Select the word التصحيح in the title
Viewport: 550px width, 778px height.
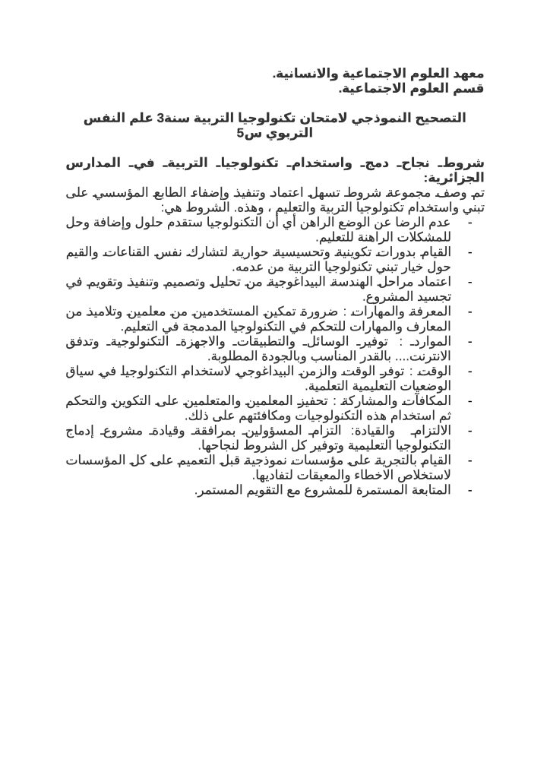pyautogui.click(x=438, y=119)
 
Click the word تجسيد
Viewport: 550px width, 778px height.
pyautogui.click(x=431, y=296)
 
